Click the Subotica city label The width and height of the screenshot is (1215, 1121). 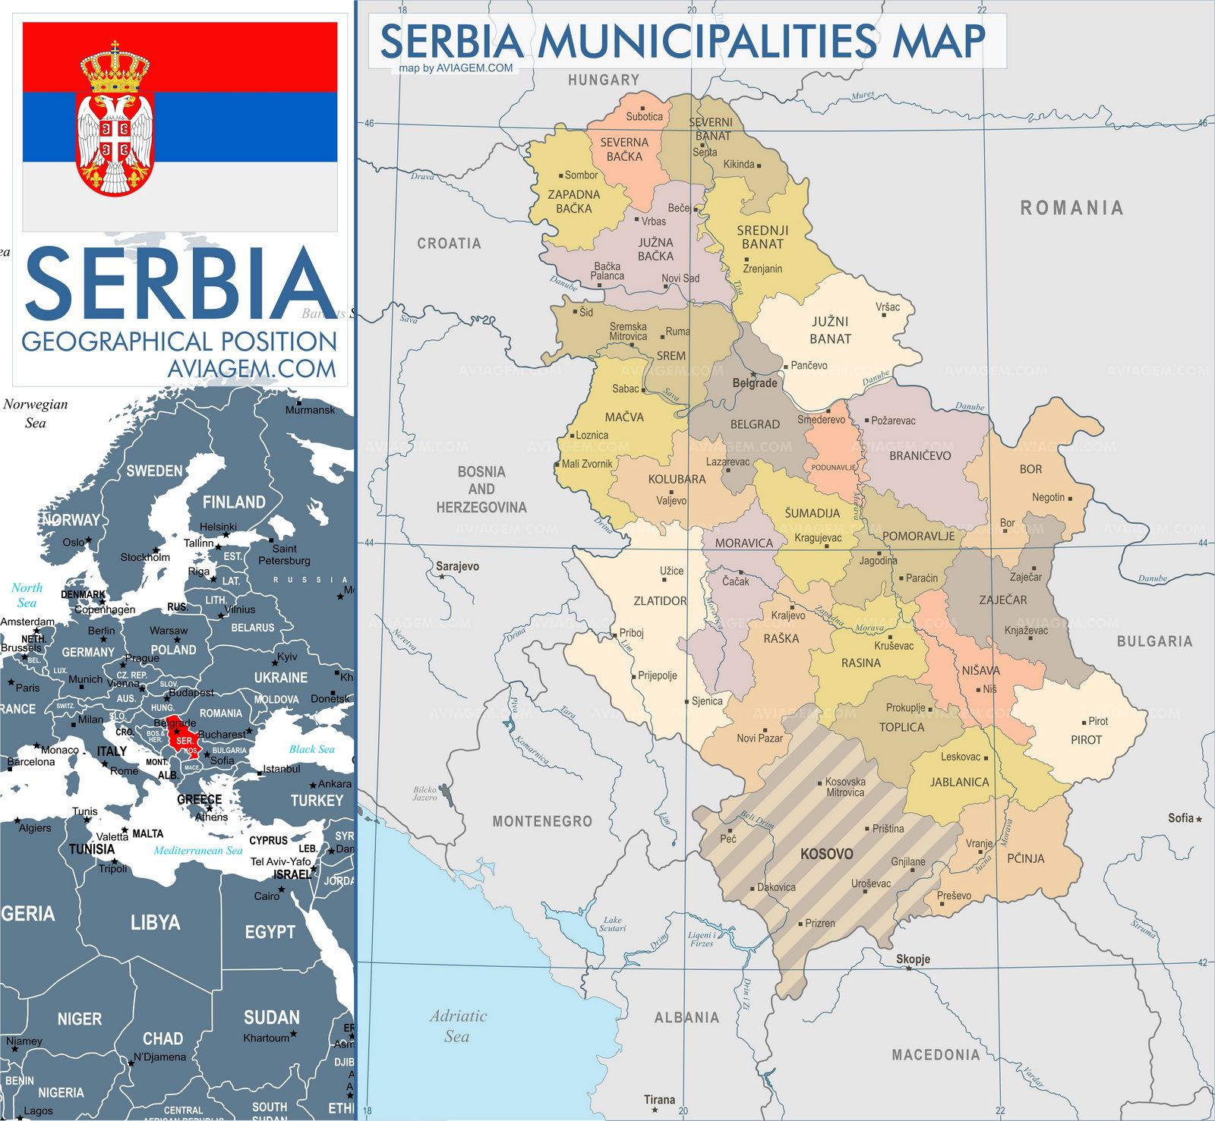click(x=644, y=116)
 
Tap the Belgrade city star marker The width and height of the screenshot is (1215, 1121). click(x=753, y=374)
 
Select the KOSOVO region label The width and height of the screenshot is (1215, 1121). click(x=826, y=854)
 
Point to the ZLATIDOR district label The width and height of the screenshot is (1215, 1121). click(x=660, y=601)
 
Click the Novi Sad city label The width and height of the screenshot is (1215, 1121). click(x=680, y=279)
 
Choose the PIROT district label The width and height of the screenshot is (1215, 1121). click(x=1086, y=740)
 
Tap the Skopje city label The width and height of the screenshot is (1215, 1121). click(x=913, y=959)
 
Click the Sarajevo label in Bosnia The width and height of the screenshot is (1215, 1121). click(x=457, y=566)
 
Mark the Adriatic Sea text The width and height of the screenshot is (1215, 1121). click(x=457, y=1026)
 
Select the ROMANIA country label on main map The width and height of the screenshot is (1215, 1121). click(x=1071, y=208)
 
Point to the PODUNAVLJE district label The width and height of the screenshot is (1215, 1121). click(x=833, y=468)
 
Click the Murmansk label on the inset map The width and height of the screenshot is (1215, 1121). click(x=310, y=410)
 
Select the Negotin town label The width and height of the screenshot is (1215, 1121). click(x=1048, y=497)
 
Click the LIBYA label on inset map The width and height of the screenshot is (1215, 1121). click(x=155, y=923)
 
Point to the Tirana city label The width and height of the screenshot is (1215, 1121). click(x=659, y=1099)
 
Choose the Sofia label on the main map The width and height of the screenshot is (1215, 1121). click(x=1181, y=818)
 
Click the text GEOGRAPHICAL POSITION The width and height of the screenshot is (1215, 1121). click(x=179, y=342)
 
